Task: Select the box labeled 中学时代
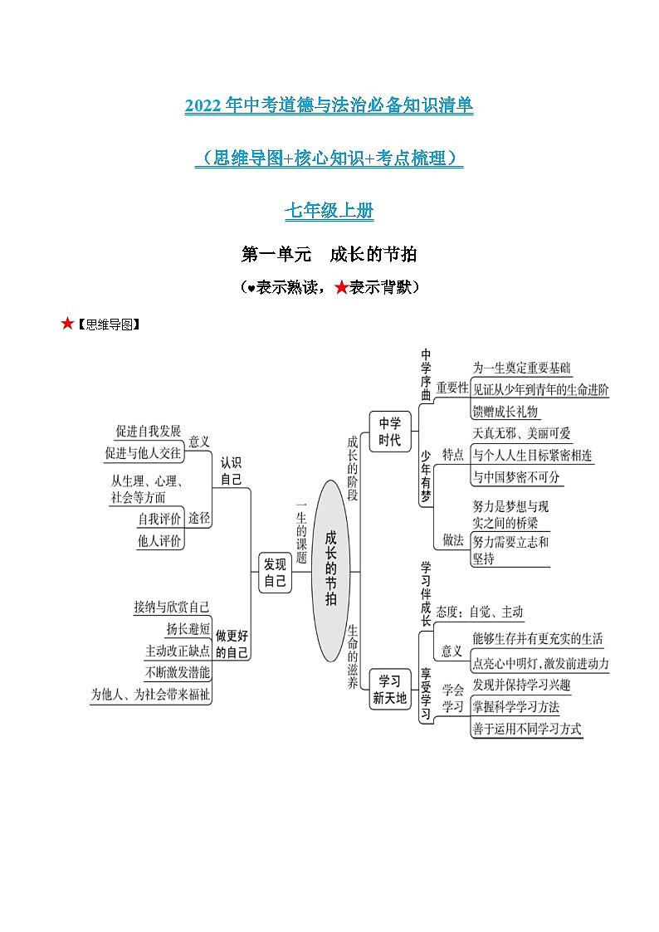tap(389, 431)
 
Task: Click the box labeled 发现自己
tap(275, 572)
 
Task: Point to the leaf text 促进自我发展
tap(148, 431)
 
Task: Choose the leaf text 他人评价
tap(159, 540)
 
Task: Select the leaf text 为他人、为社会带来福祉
tap(150, 694)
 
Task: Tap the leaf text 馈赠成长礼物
tap(505, 412)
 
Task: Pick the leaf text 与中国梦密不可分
tap(516, 477)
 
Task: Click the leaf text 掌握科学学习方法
tap(515, 707)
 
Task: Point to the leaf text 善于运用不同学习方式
tap(527, 729)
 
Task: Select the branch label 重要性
tap(452, 387)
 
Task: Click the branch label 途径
tap(199, 518)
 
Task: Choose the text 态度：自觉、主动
tap(480, 612)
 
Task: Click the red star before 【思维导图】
tap(68, 324)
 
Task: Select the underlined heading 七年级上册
tap(329, 212)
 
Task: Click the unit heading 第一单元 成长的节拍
tap(329, 254)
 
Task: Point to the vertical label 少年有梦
tap(426, 476)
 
